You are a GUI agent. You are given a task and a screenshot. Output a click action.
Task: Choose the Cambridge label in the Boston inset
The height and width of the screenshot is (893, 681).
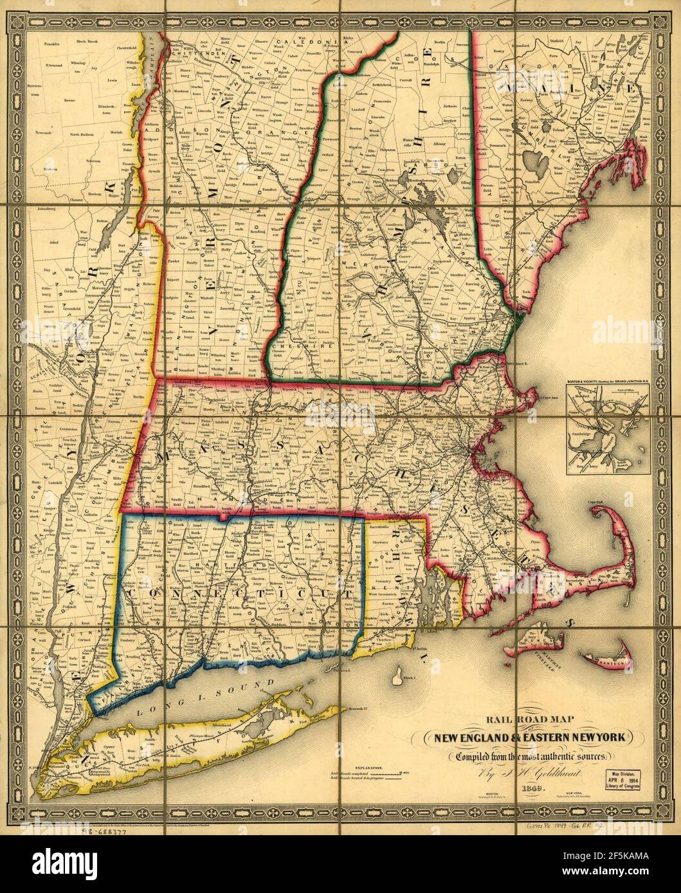(585, 432)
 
